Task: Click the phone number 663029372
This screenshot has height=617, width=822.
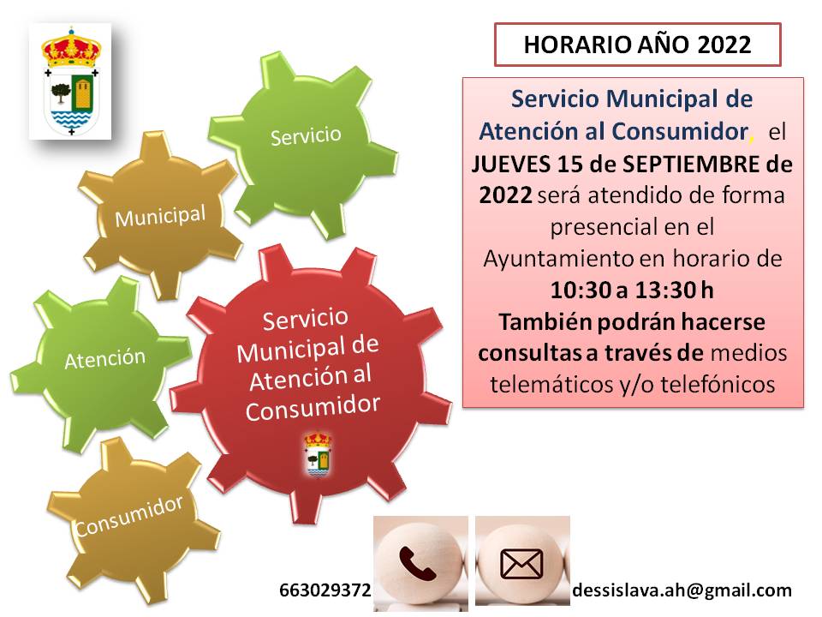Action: (x=325, y=590)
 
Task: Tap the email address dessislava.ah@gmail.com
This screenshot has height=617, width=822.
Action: (x=682, y=590)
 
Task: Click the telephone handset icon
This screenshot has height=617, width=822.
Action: (x=417, y=563)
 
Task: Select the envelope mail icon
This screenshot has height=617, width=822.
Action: (x=521, y=564)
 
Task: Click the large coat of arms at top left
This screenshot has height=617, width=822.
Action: (x=70, y=82)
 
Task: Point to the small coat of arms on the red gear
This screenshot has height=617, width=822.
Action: (x=319, y=454)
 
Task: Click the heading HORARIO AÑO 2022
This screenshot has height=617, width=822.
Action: (x=637, y=45)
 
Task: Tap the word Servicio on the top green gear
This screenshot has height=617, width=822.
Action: (x=306, y=136)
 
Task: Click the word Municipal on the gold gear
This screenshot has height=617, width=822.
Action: (x=160, y=216)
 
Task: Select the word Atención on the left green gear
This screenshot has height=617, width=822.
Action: (x=104, y=359)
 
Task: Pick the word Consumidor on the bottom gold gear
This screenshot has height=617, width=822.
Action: (x=129, y=516)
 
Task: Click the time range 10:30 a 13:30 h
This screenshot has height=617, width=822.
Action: (x=632, y=291)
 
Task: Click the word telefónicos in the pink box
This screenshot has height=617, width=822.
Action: (x=718, y=385)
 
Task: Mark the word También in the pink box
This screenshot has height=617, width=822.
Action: (x=545, y=321)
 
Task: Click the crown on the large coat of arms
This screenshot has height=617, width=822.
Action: (x=71, y=48)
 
